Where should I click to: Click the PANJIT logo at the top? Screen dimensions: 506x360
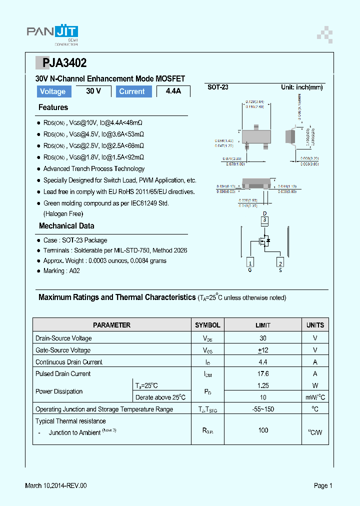coord(52,33)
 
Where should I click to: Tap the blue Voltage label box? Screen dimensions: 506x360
coord(53,91)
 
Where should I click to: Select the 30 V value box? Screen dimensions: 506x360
coord(93,91)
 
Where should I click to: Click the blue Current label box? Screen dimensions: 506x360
coord(132,91)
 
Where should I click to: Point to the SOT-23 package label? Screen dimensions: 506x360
coord(218,87)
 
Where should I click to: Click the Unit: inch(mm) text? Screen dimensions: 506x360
coord(301,87)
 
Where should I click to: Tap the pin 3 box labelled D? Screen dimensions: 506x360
coord(265,219)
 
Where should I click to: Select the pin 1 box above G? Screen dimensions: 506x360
coord(250,263)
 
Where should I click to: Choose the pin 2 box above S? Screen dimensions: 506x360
coord(280,263)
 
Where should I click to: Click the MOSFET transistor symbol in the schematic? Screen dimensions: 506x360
coord(264,241)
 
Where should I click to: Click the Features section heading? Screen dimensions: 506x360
coord(53,107)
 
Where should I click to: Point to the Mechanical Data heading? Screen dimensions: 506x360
coord(66,226)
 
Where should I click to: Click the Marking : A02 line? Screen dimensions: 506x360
coord(61,271)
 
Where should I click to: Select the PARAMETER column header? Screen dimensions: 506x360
coord(112,325)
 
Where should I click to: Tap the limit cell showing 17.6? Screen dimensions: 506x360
coord(263,373)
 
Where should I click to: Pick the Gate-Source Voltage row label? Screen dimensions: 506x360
coord(63,350)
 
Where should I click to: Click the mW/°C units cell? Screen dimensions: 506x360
coord(315,397)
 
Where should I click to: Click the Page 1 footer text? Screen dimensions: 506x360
coord(322,485)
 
